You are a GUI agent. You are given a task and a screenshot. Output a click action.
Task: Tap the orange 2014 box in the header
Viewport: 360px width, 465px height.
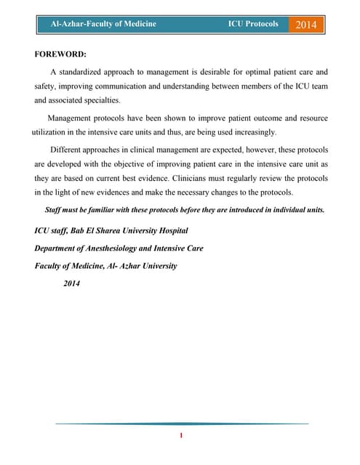coord(306,25)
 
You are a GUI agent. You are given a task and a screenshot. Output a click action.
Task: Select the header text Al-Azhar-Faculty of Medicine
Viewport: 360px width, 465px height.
coord(103,24)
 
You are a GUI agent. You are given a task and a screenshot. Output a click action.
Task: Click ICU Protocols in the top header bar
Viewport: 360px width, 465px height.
coord(252,24)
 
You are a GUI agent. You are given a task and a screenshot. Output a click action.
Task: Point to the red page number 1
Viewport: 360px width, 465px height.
coord(180,436)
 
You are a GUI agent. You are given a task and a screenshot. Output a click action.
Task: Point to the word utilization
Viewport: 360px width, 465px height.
coord(51,132)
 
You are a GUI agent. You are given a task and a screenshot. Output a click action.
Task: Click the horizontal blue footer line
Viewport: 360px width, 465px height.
coord(182,423)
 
